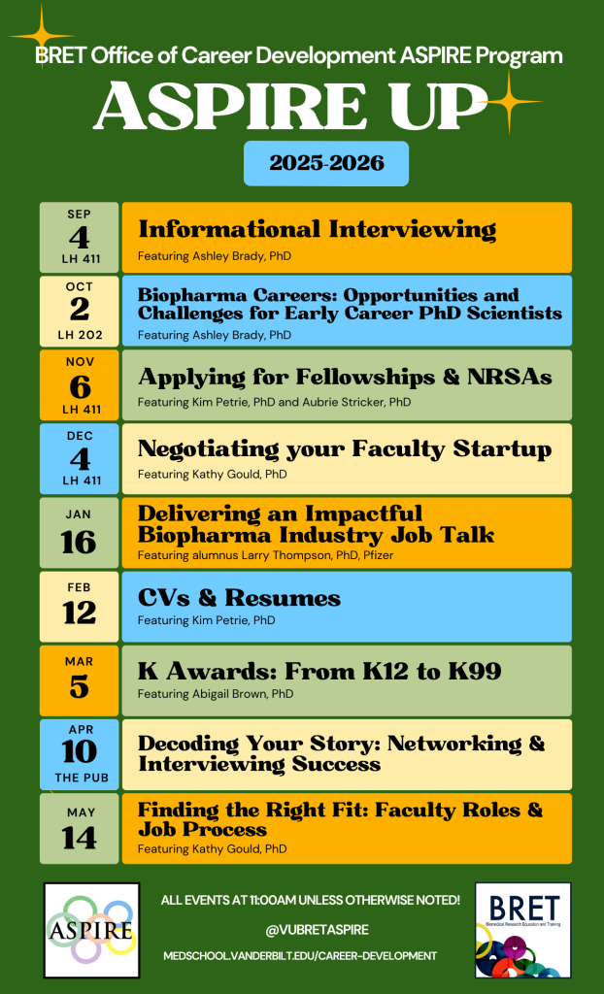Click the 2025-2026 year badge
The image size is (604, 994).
(326, 163)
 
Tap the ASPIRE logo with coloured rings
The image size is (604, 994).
(91, 930)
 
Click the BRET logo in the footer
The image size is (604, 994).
(522, 930)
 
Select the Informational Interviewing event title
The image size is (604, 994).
(318, 229)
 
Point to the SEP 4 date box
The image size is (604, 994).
(80, 238)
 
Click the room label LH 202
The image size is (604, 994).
(80, 335)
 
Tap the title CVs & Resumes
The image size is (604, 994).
(239, 598)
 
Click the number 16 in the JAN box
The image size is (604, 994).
(80, 542)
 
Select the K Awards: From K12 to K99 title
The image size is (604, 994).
(319, 672)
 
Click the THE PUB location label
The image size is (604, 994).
(80, 778)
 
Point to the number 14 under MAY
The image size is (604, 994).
(80, 838)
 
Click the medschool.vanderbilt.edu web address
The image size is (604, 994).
(299, 955)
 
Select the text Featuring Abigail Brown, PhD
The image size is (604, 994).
(216, 694)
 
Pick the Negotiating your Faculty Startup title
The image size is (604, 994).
(345, 449)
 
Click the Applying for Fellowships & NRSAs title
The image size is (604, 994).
(345, 378)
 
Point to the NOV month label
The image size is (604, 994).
(80, 362)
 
